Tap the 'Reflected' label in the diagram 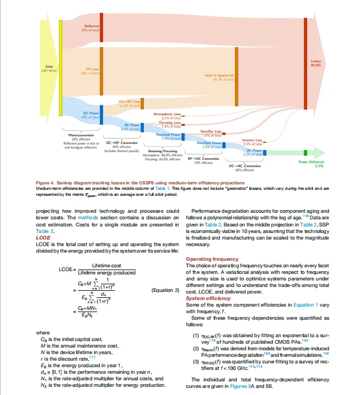91,26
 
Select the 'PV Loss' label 91,69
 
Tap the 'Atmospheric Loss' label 167,113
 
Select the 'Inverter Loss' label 252,140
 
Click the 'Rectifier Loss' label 211,131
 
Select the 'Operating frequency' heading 212,259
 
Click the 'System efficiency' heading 209,298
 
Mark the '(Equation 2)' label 165,290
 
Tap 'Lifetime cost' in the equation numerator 105,265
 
